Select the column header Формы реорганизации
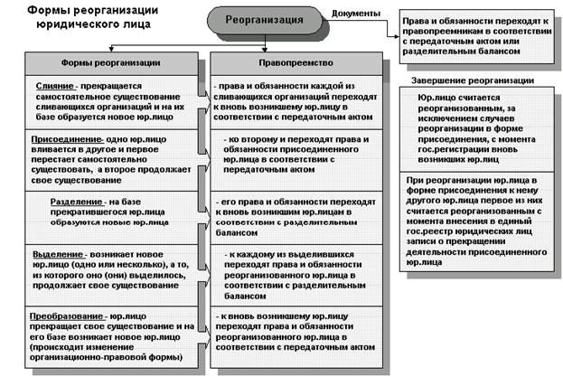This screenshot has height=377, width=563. (x=110, y=63)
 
